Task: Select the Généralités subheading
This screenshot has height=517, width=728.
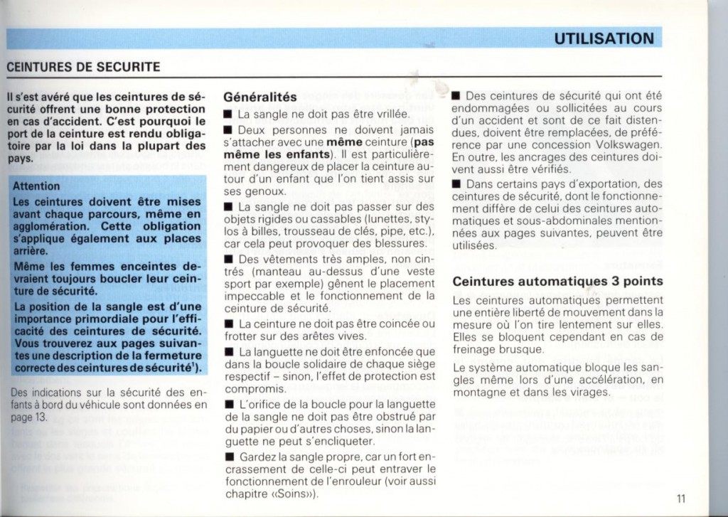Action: click(x=259, y=96)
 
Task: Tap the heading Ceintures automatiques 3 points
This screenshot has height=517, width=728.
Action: click(x=557, y=281)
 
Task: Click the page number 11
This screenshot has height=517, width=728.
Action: click(x=680, y=499)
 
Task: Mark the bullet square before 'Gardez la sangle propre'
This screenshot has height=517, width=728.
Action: click(x=228, y=457)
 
